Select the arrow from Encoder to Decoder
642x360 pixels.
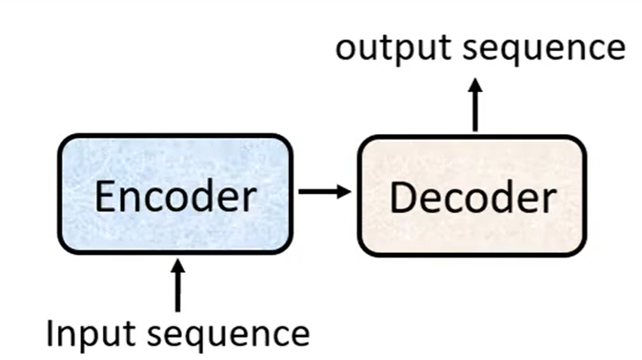[x=324, y=191]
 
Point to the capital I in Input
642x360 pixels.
[x=50, y=332]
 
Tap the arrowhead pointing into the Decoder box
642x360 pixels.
[x=344, y=191]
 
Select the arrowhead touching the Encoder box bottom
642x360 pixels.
[x=178, y=265]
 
